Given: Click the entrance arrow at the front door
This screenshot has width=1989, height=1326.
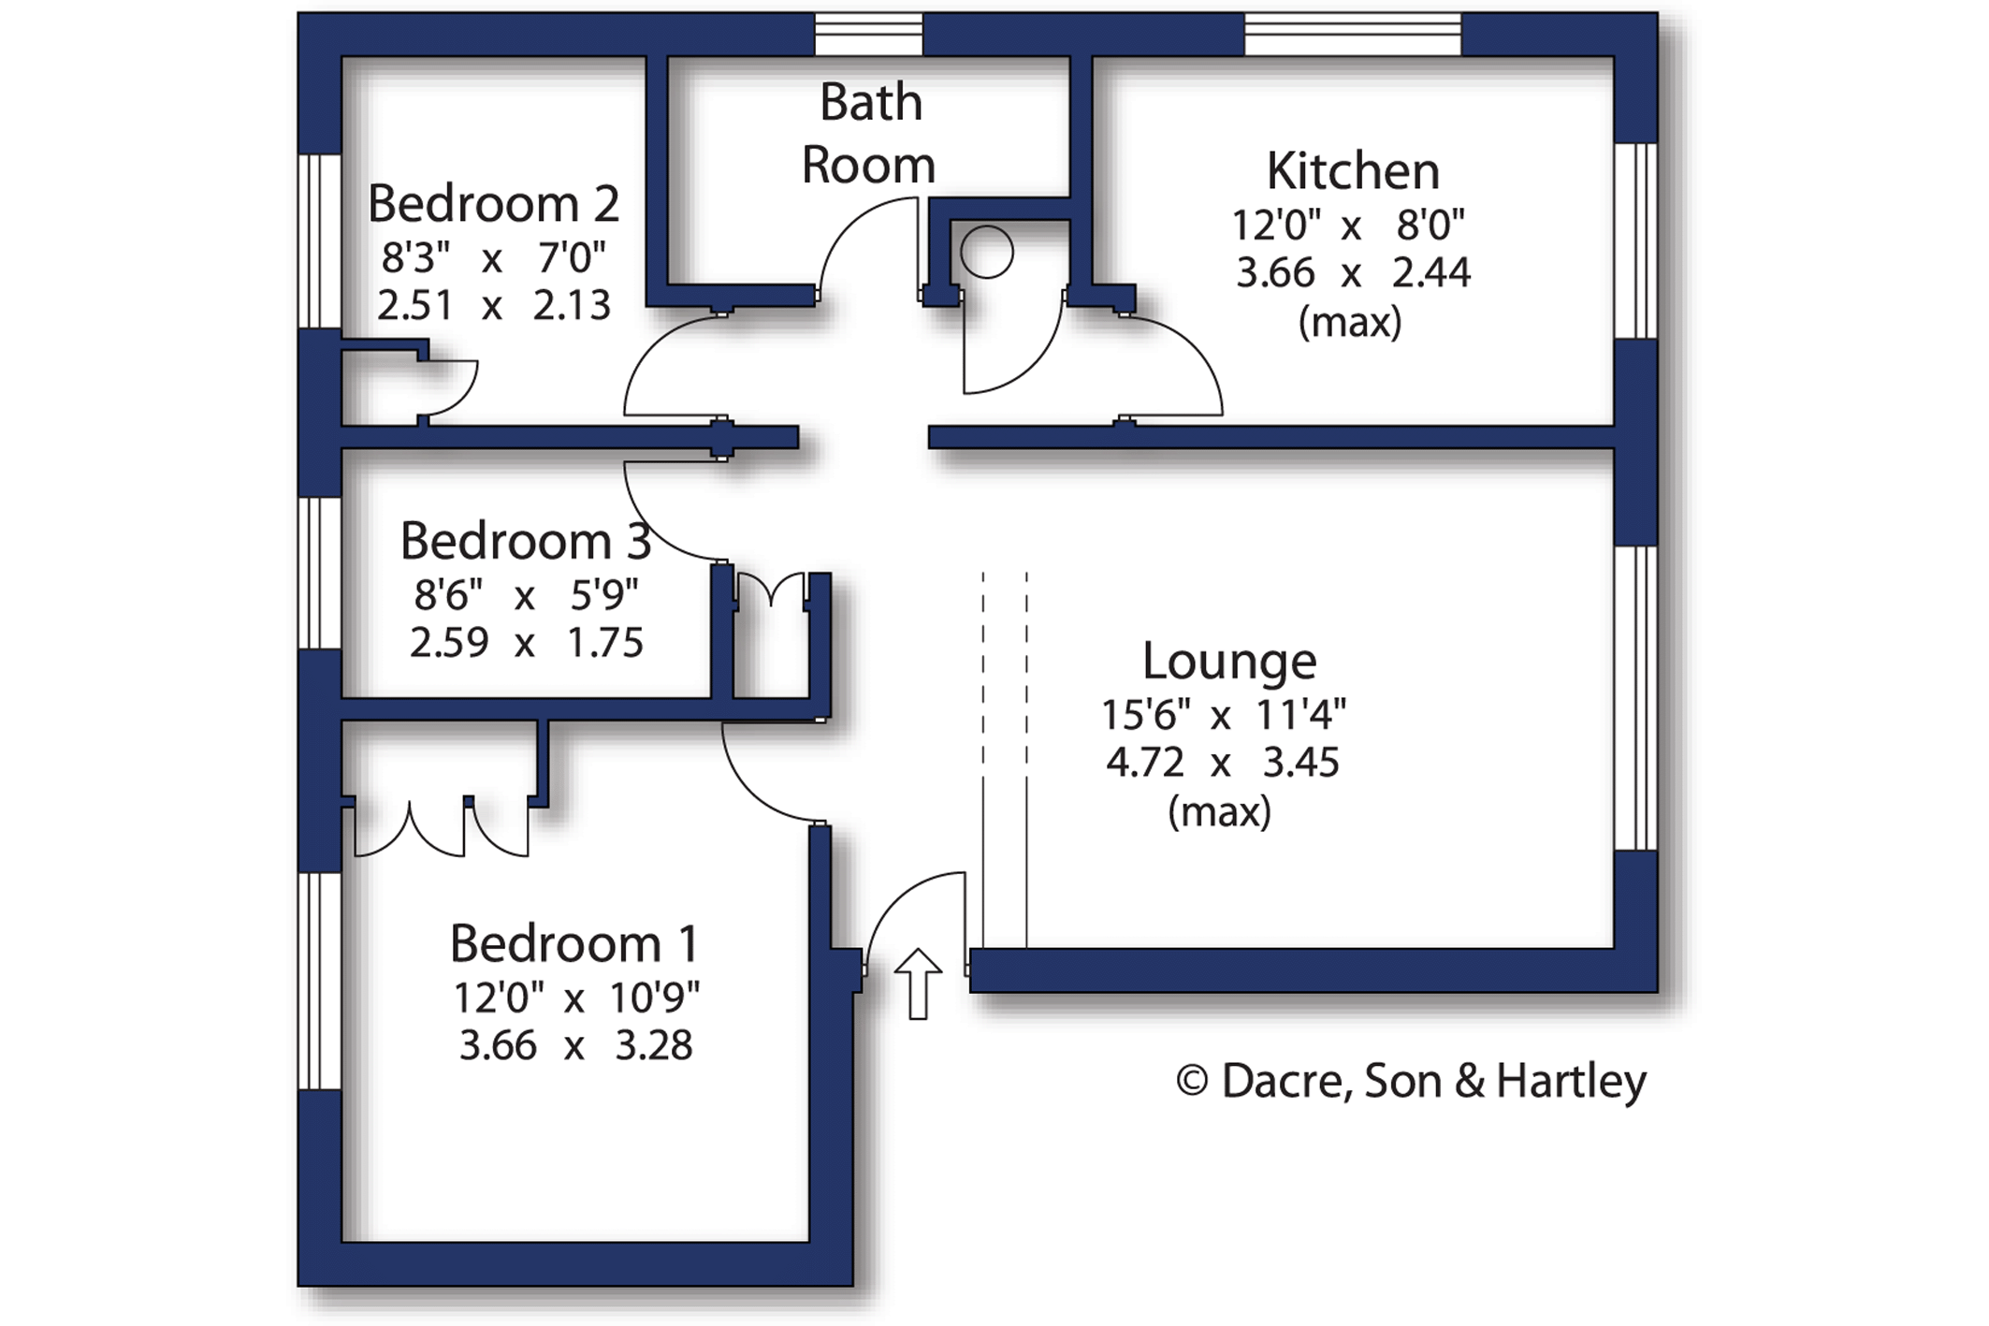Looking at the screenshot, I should pyautogui.click(x=918, y=984).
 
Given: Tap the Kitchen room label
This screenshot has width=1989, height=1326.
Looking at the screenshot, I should pyautogui.click(x=1353, y=171).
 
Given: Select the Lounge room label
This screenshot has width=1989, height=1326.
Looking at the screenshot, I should pyautogui.click(x=1229, y=662).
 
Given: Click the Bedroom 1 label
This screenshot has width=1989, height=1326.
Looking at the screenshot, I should pyautogui.click(x=574, y=943).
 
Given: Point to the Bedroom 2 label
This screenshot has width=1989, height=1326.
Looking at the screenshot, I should pyautogui.click(x=493, y=204).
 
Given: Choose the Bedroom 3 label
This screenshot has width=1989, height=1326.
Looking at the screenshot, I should pyautogui.click(x=526, y=541).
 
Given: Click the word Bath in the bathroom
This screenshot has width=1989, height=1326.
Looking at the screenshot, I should pyautogui.click(x=871, y=103).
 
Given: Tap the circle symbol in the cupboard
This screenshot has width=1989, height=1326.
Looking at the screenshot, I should pyautogui.click(x=986, y=252).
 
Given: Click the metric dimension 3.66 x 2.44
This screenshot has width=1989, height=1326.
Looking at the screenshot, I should pyautogui.click(x=1353, y=273).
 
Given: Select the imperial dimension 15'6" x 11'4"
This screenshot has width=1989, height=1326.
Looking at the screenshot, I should pyautogui.click(x=1224, y=715).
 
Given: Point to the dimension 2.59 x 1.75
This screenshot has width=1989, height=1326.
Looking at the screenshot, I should pyautogui.click(x=526, y=643).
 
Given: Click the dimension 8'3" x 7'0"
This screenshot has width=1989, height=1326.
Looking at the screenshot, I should pyautogui.click(x=493, y=257).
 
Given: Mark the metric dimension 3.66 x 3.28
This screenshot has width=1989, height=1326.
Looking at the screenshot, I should pyautogui.click(x=575, y=1045).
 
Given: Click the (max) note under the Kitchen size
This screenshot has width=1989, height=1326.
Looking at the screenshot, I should pyautogui.click(x=1350, y=323).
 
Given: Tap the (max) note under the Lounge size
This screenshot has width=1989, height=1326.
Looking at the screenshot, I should pyautogui.click(x=1220, y=811).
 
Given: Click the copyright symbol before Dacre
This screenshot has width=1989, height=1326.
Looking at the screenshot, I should pyautogui.click(x=1192, y=1081).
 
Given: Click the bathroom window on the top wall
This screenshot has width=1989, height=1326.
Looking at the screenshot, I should pyautogui.click(x=869, y=35).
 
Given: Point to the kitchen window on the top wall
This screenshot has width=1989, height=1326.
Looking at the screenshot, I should pyautogui.click(x=1352, y=35).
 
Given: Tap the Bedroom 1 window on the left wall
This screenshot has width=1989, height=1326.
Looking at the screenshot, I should pyautogui.click(x=320, y=981).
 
